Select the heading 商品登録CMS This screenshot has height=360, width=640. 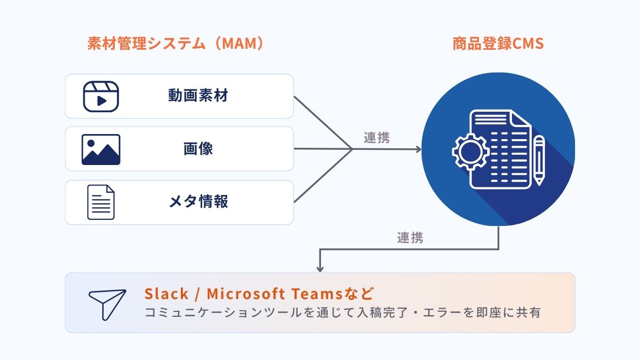point(498,44)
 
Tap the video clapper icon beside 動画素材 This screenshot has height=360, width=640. point(101,96)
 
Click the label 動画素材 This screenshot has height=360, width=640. point(198,96)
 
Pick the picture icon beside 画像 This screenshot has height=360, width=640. point(101,149)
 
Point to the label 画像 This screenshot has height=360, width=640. point(198,149)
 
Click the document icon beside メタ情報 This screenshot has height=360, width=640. point(101,202)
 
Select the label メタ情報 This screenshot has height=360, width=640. point(198,202)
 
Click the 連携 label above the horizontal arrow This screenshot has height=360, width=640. point(377,138)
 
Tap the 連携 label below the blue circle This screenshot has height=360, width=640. point(410,238)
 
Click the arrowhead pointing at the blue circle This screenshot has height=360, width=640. point(418,149)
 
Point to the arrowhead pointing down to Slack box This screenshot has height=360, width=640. point(320,268)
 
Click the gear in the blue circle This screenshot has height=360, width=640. point(470,151)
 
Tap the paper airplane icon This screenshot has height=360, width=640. point(107,304)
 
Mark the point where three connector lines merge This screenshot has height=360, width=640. point(352,149)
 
